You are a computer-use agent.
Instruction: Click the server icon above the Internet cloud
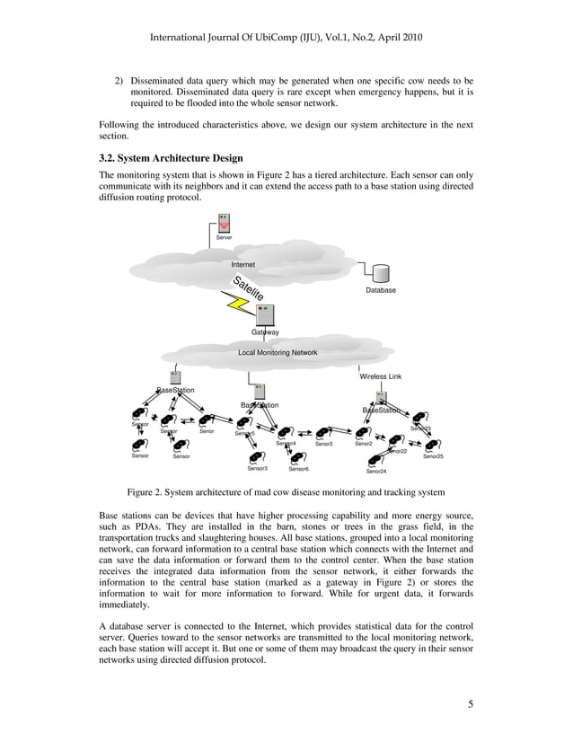click(225, 224)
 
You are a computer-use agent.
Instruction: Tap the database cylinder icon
click(382, 273)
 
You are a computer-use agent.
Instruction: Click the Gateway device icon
click(264, 315)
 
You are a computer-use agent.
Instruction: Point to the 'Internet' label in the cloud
click(243, 265)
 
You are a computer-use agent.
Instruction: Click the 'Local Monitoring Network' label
click(278, 353)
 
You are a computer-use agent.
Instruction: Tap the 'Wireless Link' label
click(381, 376)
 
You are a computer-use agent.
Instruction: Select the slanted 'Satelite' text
click(248, 287)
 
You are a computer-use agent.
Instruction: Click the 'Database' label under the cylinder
click(381, 291)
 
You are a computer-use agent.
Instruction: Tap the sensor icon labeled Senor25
click(433, 446)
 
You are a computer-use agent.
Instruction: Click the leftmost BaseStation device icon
click(175, 377)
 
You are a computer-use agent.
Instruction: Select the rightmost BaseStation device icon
click(381, 397)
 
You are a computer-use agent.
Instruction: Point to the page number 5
click(471, 703)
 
